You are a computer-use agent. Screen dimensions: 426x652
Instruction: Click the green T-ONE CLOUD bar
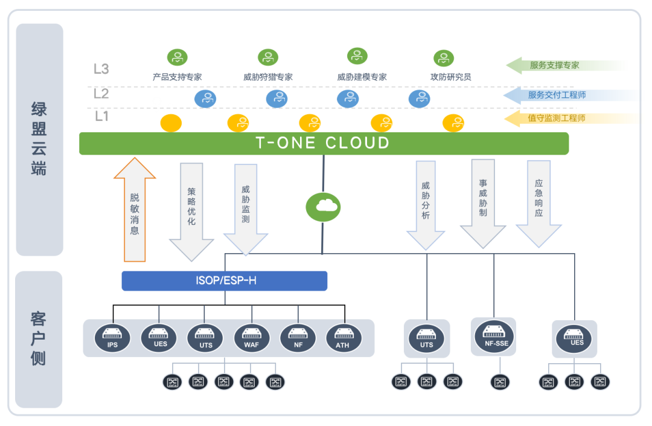(x=324, y=143)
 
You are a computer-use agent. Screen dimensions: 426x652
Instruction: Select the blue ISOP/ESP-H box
(x=224, y=281)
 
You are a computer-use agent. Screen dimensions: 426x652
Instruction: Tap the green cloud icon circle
(x=324, y=207)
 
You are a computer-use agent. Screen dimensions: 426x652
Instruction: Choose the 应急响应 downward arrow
(x=539, y=202)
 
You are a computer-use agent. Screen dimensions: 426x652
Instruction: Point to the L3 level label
(x=101, y=69)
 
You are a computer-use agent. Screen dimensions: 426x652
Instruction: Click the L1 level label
(x=101, y=116)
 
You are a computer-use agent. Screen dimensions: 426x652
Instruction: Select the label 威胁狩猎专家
(x=268, y=77)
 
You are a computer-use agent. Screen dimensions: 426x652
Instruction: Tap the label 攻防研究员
(x=450, y=77)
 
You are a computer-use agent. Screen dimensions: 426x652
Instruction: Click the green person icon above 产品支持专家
(x=177, y=57)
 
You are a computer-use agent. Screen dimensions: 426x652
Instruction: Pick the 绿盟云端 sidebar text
(x=39, y=139)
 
